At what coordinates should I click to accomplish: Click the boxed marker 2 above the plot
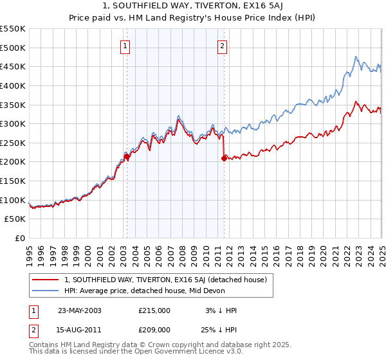pyautogui.click(x=223, y=46)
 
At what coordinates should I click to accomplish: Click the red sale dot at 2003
pyautogui.click(x=127, y=156)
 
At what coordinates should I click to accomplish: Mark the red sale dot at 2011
pyautogui.click(x=224, y=158)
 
